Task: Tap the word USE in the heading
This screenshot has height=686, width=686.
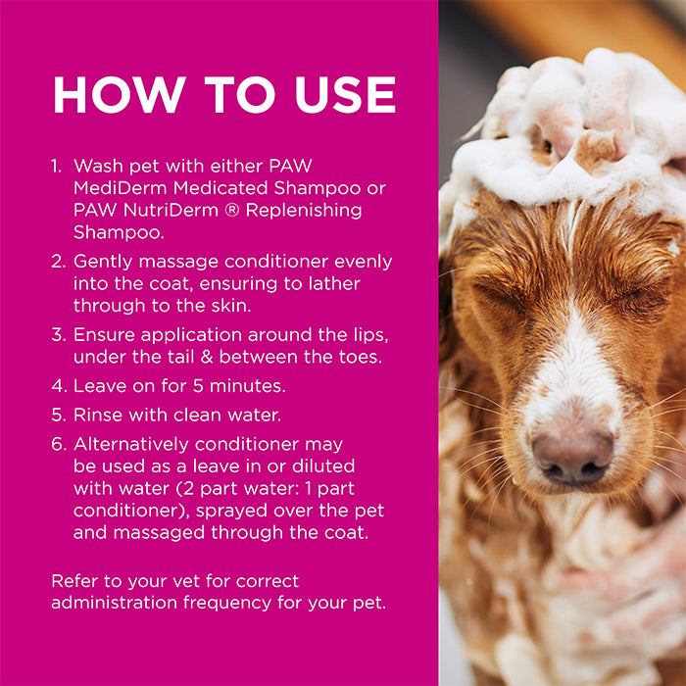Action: click(x=346, y=95)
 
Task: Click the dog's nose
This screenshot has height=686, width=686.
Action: click(x=572, y=458)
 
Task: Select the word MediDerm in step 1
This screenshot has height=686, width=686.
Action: click(x=121, y=188)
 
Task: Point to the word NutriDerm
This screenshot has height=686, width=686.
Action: click(x=171, y=210)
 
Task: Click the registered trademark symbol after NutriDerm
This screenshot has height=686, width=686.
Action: click(x=232, y=211)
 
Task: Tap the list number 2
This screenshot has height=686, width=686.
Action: click(x=58, y=262)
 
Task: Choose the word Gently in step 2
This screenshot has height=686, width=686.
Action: click(x=103, y=263)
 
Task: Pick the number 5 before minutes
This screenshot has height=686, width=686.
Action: click(x=198, y=386)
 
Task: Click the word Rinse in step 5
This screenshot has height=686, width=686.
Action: click(x=98, y=416)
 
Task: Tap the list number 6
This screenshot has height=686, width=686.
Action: click(x=59, y=445)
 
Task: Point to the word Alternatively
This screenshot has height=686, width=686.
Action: click(x=131, y=445)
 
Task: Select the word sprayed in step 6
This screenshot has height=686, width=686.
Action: click(x=231, y=512)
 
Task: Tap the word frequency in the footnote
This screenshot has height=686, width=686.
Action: click(x=227, y=604)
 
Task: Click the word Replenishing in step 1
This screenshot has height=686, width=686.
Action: click(x=304, y=211)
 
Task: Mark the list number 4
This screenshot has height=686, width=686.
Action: click(x=59, y=386)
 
